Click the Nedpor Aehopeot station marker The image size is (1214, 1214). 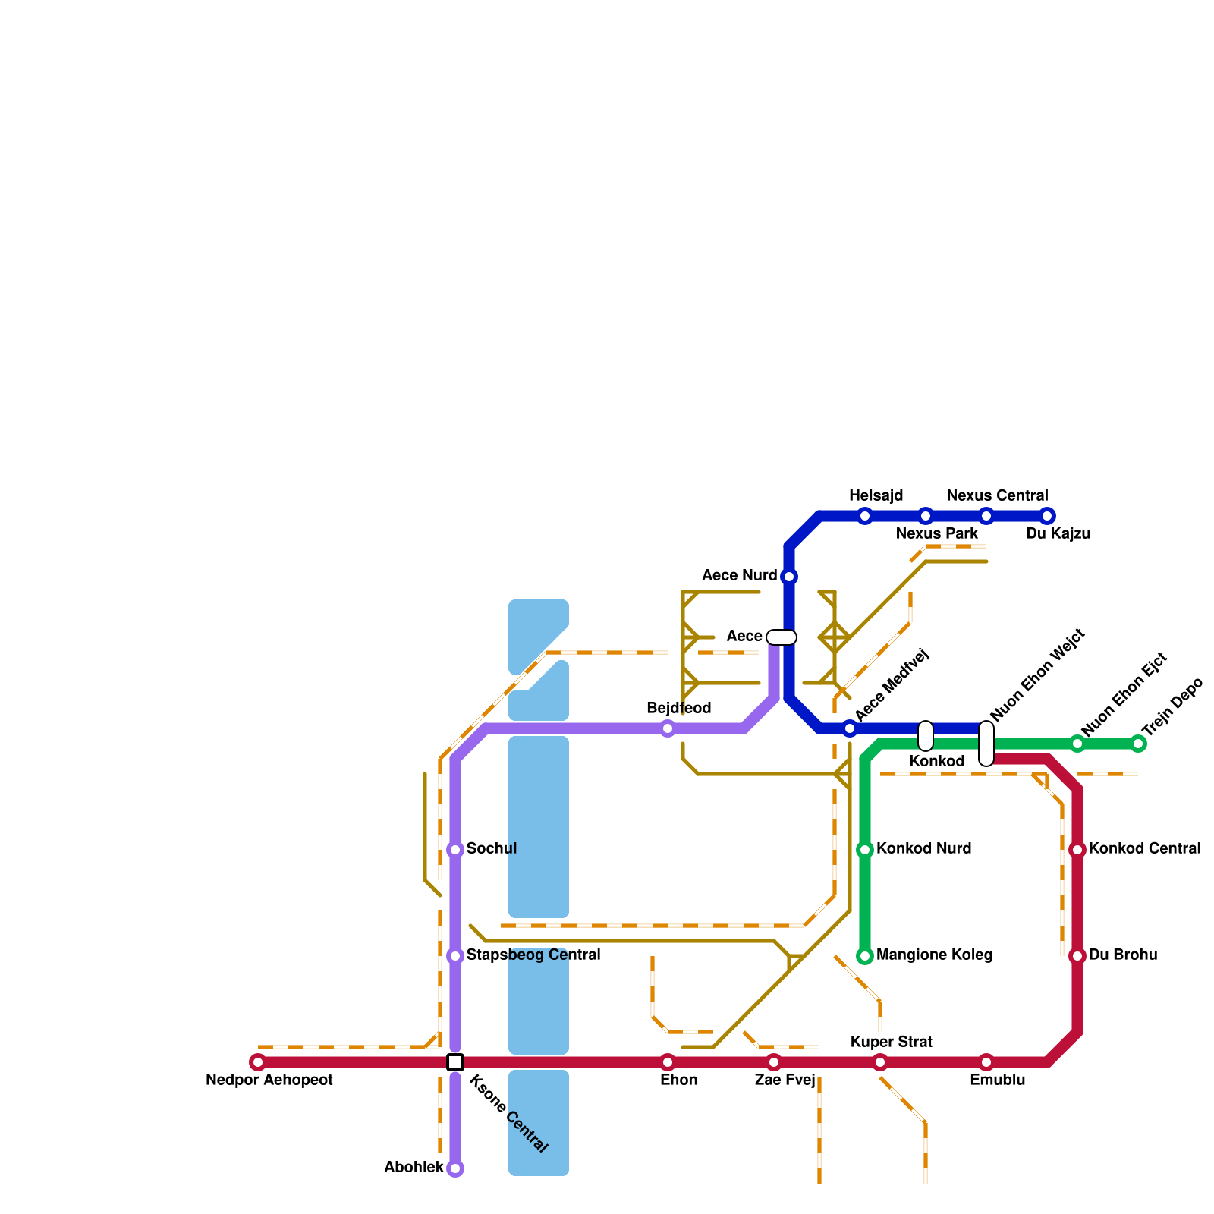click(258, 1062)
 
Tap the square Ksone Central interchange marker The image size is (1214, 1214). click(455, 1062)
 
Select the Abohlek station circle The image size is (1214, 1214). click(455, 1168)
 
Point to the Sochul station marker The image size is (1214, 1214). click(455, 850)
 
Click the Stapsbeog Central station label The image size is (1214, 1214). click(533, 955)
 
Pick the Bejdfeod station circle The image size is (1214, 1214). click(668, 728)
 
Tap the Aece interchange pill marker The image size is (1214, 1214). click(782, 637)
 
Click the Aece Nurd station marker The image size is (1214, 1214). click(789, 577)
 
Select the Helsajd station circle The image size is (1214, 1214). click(865, 516)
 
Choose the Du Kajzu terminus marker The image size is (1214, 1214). click(1047, 516)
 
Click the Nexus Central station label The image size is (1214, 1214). click(997, 496)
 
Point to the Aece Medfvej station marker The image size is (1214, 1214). click(850, 728)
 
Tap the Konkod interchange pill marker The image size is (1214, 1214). click(926, 736)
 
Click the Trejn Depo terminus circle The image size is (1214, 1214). click(1138, 744)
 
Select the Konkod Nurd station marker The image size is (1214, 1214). click(865, 850)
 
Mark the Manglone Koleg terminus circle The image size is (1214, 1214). click(865, 956)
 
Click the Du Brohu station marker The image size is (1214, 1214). click(1077, 956)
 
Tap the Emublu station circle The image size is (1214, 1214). click(986, 1062)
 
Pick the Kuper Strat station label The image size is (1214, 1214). click(891, 1043)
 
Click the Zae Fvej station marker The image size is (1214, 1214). click(774, 1062)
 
